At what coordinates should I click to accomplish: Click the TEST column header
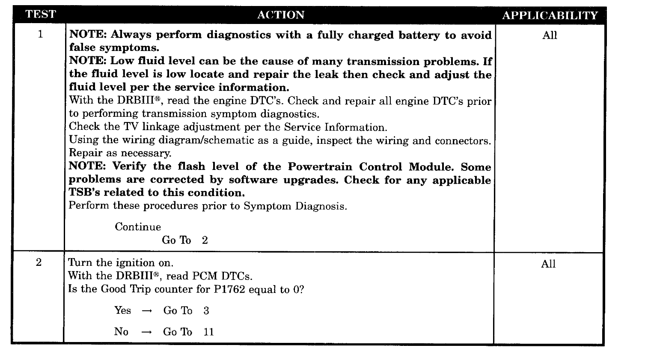pos(40,15)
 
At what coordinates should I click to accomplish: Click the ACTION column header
pos(281,15)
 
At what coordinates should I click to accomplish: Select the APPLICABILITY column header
pos(550,16)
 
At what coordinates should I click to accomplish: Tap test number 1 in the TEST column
pos(40,34)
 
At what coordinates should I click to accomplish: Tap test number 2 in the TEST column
pos(39,263)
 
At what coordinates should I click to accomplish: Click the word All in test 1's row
pos(550,36)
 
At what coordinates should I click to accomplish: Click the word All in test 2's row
pos(548,264)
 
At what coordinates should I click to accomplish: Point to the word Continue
pos(138,227)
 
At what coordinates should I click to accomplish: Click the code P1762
pos(229,289)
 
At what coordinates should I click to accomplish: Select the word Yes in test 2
pos(123,310)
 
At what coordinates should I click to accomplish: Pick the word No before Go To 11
pos(121,332)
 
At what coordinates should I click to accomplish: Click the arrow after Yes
pos(147,311)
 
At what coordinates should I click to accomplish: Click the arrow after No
pos(147,333)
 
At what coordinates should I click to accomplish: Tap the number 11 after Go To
pos(208,332)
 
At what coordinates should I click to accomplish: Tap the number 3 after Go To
pos(206,311)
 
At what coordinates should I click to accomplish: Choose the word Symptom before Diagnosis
pos(268,206)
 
